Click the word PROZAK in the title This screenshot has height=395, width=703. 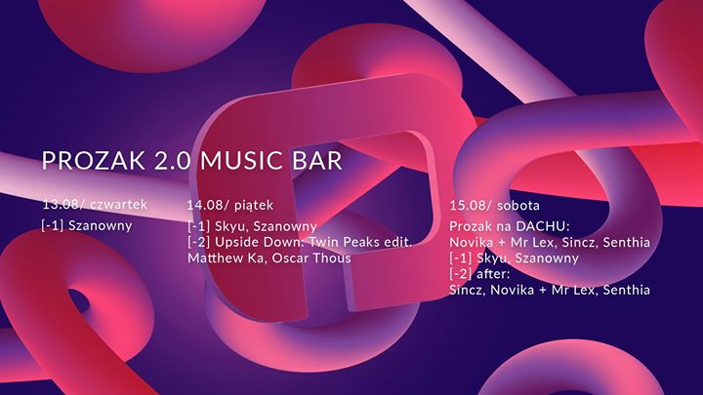(94, 160)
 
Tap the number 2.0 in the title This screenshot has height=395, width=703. (173, 160)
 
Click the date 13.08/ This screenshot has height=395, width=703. (63, 205)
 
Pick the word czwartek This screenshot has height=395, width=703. (118, 204)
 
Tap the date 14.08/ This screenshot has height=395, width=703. (208, 205)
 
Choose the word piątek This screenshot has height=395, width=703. (254, 206)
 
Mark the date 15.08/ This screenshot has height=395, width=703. (471, 206)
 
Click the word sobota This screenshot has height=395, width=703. (518, 206)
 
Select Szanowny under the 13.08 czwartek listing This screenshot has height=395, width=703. (100, 225)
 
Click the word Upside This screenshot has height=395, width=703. (233, 242)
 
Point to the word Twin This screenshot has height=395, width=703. (323, 242)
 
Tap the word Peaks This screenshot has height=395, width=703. (360, 242)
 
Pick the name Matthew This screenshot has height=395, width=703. (214, 257)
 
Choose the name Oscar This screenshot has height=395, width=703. (288, 257)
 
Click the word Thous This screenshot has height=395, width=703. (330, 257)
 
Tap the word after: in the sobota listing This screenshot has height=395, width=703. (493, 273)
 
